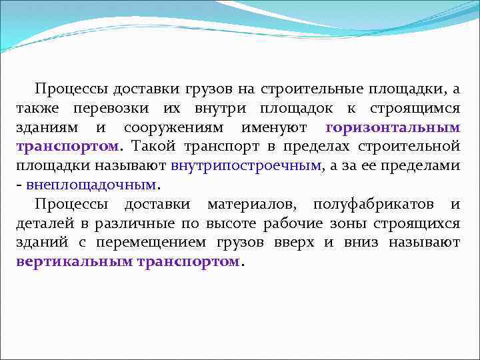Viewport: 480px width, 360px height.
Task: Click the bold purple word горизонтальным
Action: pos(393,127)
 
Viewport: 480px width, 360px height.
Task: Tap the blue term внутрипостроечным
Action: pos(246,165)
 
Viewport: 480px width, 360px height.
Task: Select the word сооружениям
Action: pos(172,127)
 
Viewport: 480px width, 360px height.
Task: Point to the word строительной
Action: pos(419,145)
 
